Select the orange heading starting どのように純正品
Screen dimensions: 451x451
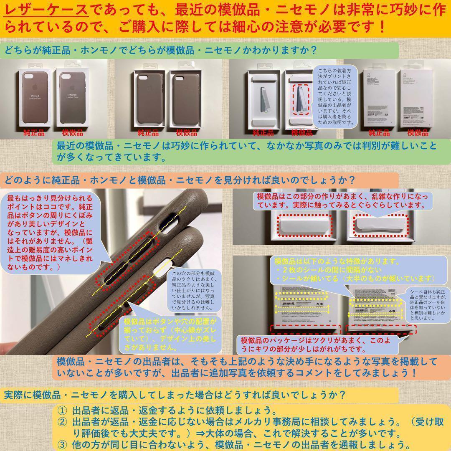(180, 180)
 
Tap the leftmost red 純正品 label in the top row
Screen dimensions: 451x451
(34, 133)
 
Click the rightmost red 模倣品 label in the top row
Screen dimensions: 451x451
(418, 133)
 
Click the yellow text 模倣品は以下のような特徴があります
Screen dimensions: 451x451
(340, 261)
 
